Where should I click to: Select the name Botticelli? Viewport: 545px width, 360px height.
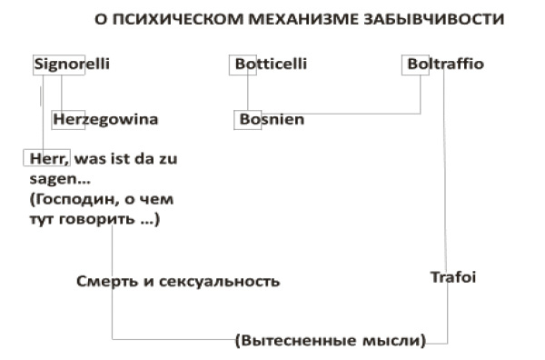271,65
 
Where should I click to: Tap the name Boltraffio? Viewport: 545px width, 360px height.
443,65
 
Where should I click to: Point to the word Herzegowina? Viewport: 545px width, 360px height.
105,119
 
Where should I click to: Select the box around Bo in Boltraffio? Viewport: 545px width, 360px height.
413,65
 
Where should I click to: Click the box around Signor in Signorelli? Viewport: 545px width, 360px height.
58,65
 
